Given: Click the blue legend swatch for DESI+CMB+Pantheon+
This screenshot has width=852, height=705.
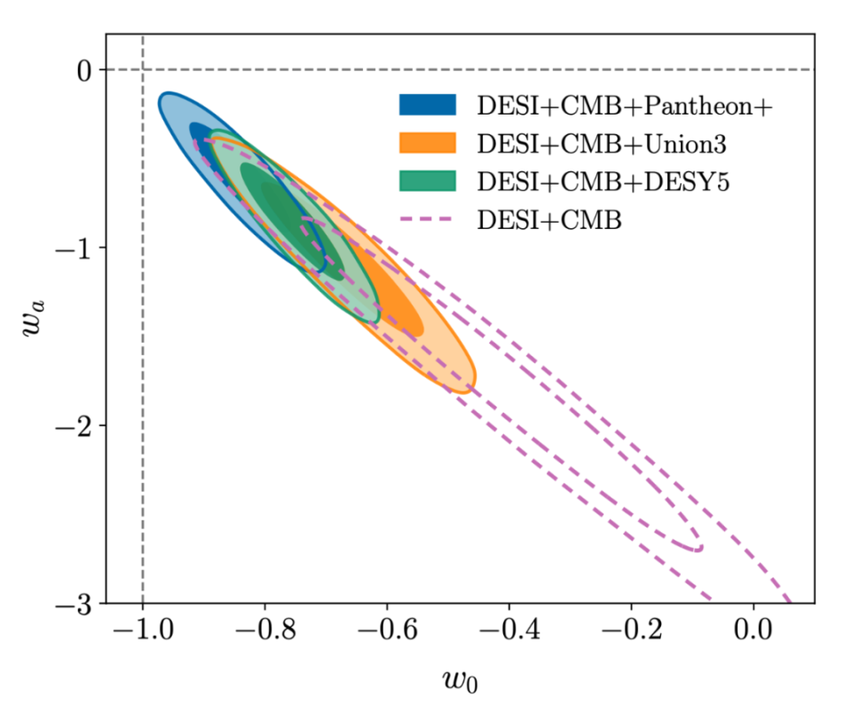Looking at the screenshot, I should (x=427, y=105).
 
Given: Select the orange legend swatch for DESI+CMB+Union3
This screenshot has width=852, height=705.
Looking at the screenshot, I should (x=427, y=142).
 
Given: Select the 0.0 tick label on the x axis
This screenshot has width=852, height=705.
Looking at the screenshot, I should (x=753, y=635).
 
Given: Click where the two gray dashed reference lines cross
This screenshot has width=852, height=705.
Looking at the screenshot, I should (x=143, y=69).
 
